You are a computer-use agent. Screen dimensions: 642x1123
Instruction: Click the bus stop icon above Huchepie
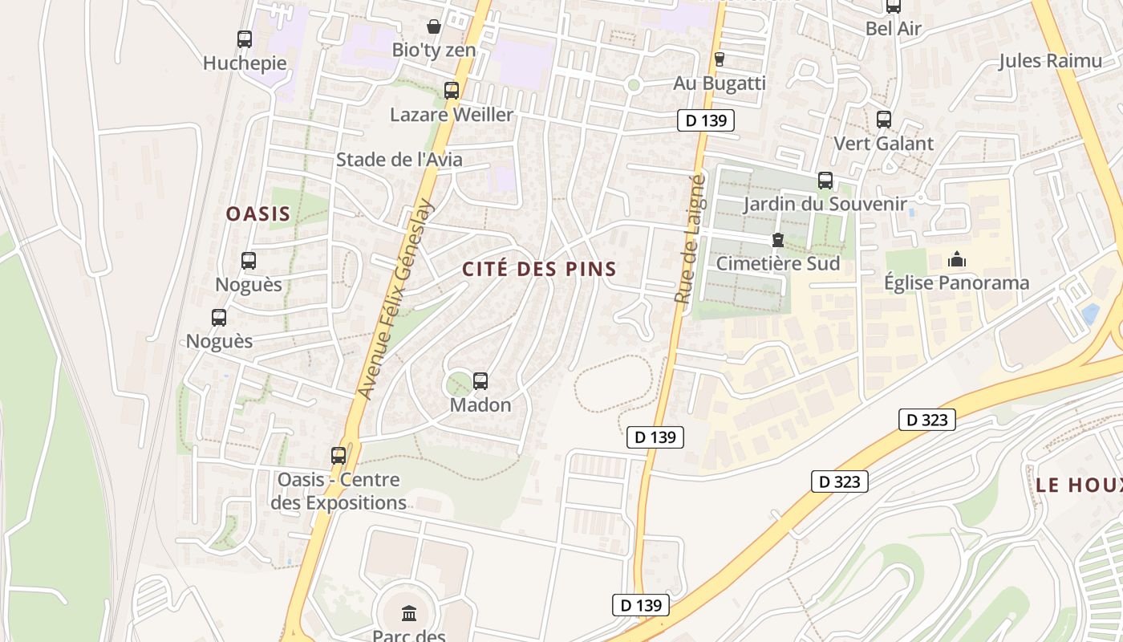pos(245,39)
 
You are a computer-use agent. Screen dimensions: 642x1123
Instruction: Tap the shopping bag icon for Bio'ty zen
pos(434,26)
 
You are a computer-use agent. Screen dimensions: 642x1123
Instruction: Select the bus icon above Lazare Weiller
pos(452,91)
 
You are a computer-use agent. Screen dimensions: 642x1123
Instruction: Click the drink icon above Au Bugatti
pos(719,59)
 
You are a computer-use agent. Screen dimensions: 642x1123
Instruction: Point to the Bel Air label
pos(893,29)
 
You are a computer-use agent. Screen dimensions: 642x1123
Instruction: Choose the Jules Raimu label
pos(1049,61)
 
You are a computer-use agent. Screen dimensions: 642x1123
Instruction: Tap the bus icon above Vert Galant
pos(884,120)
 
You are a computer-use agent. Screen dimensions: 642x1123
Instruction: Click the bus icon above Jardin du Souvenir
pos(825,181)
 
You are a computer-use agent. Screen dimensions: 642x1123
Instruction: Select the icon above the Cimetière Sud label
pos(777,240)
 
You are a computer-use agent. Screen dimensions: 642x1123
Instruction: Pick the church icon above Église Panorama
pos(956,259)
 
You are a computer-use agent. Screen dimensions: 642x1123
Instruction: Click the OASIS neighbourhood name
pos(257,214)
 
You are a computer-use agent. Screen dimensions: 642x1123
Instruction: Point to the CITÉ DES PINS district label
pos(539,269)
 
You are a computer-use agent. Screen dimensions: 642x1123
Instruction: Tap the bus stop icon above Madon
pos(480,381)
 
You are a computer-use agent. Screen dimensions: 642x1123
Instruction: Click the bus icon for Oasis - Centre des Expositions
pos(339,456)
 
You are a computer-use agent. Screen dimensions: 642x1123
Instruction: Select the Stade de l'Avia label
pos(399,160)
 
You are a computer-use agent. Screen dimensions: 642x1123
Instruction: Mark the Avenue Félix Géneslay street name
pos(395,299)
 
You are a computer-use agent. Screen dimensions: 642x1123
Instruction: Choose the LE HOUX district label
pos(1078,485)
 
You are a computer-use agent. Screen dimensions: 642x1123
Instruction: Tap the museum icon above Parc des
pos(409,614)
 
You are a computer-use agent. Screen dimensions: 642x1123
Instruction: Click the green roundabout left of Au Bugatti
pos(634,84)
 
